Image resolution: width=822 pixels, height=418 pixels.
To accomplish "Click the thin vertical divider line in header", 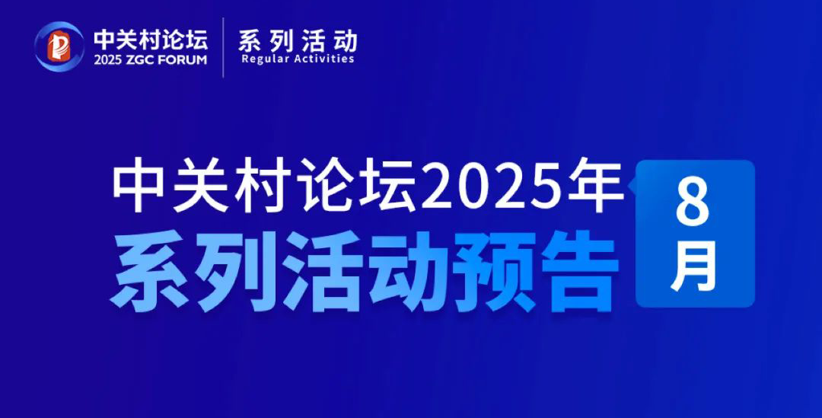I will tap(223, 47).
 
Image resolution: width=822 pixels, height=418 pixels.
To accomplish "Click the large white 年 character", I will tap(586, 187).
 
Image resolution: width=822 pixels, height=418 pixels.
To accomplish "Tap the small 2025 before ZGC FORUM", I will tap(109, 60).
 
